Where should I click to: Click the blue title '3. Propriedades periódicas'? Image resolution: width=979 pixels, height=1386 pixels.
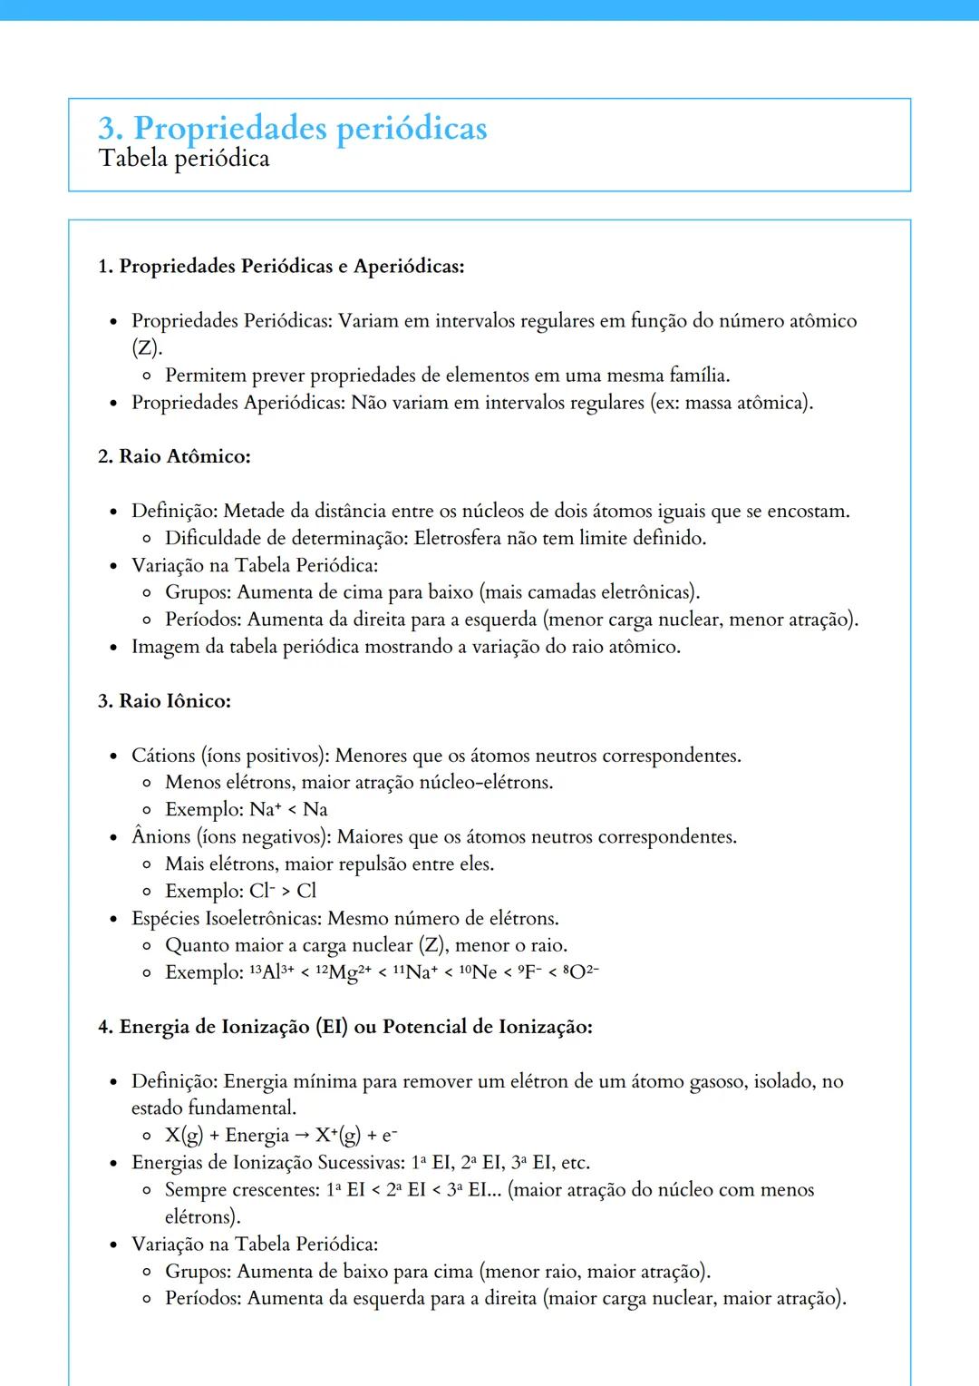point(292,128)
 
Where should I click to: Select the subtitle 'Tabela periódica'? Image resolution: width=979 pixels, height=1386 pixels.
point(184,159)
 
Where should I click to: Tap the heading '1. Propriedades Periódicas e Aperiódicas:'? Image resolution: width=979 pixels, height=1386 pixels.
point(281,267)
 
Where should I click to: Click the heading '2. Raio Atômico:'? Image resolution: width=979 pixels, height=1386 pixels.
point(174,456)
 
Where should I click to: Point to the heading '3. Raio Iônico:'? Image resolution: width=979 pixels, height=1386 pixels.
point(164,701)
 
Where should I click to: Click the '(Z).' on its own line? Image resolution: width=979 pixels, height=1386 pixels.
point(147,347)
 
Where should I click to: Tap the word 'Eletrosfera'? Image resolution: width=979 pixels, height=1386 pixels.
point(458,538)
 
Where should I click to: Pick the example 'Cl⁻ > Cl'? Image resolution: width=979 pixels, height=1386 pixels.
point(282,891)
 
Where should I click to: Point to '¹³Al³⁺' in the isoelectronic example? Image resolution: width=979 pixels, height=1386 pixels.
point(270,972)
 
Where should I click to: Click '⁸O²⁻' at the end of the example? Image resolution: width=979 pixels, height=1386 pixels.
point(580,972)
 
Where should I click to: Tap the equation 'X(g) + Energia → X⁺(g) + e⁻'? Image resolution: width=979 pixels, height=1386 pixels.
point(281,1136)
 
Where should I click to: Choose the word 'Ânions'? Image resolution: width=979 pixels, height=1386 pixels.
point(160,836)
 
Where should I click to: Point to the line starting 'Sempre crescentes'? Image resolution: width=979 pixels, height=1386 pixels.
point(489,1190)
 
